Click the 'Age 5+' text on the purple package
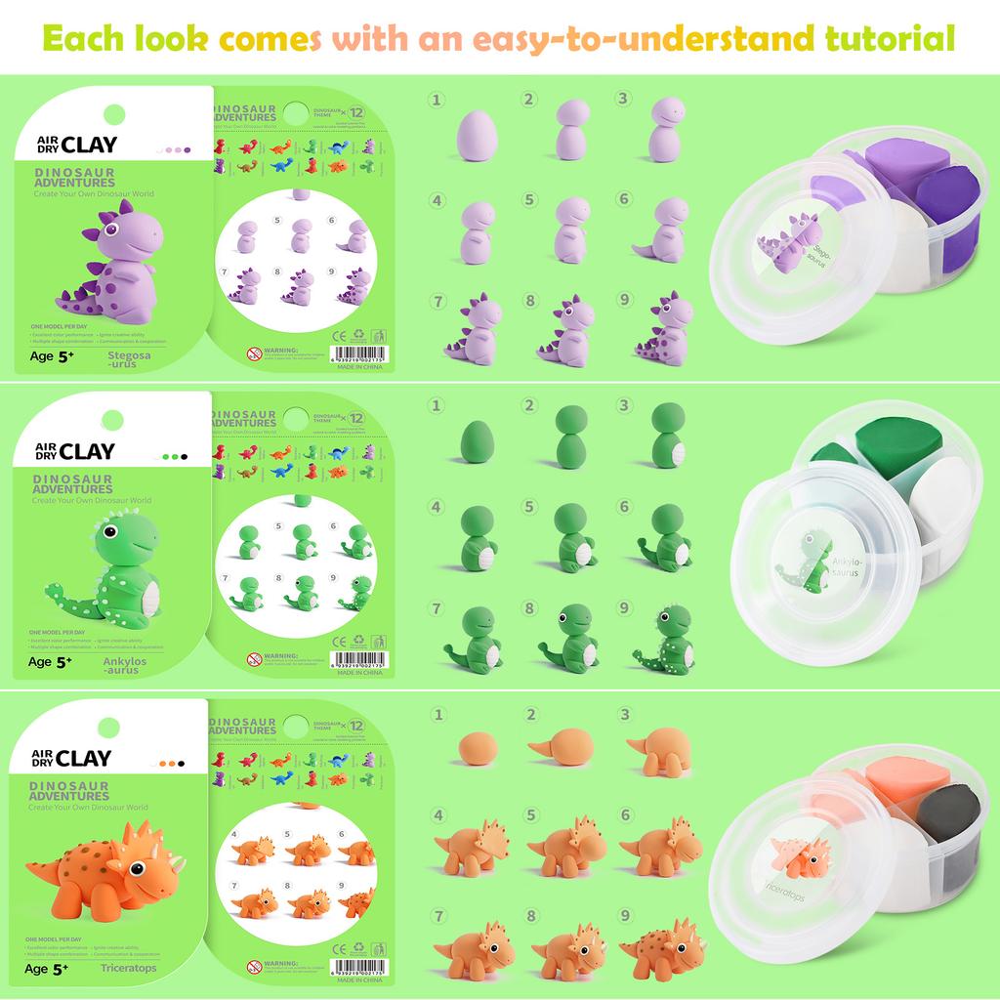[x=52, y=357]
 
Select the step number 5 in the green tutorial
[x=530, y=507]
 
